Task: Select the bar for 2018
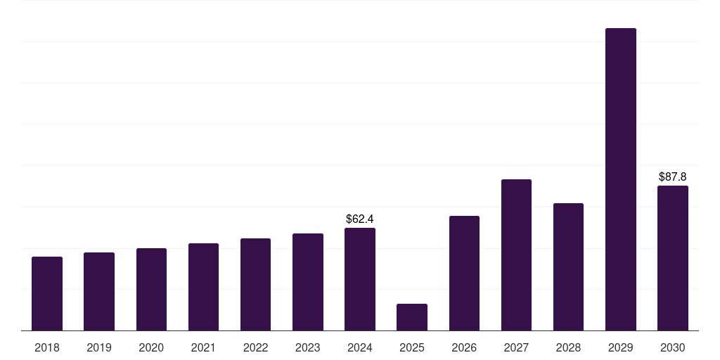47,293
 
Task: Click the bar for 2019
99,292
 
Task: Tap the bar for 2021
203,287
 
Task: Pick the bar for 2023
308,282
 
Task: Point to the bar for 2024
360,279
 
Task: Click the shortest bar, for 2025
412,317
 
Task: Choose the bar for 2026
464,274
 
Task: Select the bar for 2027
516,255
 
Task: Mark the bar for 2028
568,266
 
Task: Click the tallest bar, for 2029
621,179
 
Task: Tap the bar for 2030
673,258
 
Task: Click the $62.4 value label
360,219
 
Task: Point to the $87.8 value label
673,176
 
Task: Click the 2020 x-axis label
151,348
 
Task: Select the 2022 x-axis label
255,348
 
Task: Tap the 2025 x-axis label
412,348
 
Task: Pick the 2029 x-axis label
620,348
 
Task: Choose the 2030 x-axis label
673,348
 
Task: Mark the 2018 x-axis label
47,348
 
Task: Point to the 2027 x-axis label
516,348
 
